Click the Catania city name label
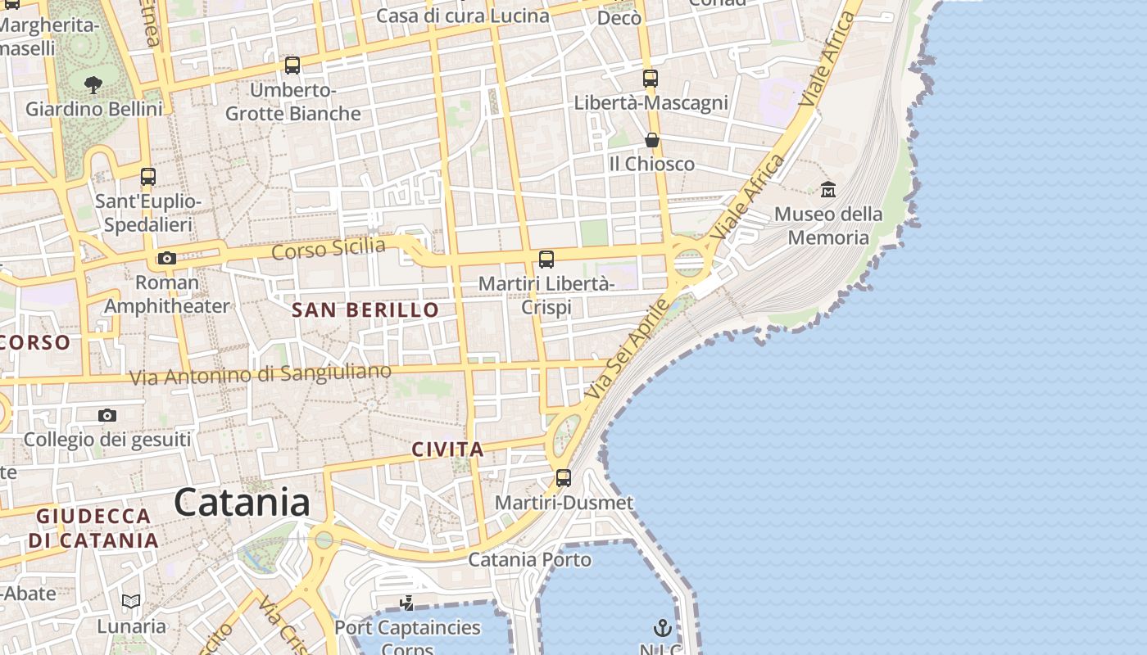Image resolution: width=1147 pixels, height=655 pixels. click(242, 502)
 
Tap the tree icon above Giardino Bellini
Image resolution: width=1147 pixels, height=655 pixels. click(93, 84)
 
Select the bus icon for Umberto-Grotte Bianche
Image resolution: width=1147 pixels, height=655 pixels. click(292, 65)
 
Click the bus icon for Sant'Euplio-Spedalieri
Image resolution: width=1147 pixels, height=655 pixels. click(148, 177)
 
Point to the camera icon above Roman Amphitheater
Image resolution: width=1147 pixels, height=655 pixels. click(166, 259)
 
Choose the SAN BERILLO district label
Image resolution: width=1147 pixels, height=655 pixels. click(365, 309)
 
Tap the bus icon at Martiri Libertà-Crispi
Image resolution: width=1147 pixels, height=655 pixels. click(546, 260)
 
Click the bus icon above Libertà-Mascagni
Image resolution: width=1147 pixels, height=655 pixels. click(651, 79)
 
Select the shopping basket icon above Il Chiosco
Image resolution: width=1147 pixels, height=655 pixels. click(652, 140)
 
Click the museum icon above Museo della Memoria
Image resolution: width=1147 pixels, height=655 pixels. click(828, 189)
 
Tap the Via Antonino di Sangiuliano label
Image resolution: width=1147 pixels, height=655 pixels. click(261, 374)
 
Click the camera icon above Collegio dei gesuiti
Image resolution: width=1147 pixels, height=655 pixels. click(107, 416)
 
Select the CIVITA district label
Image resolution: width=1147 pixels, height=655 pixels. click(447, 449)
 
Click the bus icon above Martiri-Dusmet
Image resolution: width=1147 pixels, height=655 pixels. click(564, 478)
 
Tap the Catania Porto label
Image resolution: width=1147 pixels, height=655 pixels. click(529, 560)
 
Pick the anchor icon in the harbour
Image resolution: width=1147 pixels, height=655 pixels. click(662, 628)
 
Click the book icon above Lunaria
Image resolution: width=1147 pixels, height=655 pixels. click(131, 602)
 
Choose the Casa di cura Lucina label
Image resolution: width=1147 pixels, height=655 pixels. click(463, 16)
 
